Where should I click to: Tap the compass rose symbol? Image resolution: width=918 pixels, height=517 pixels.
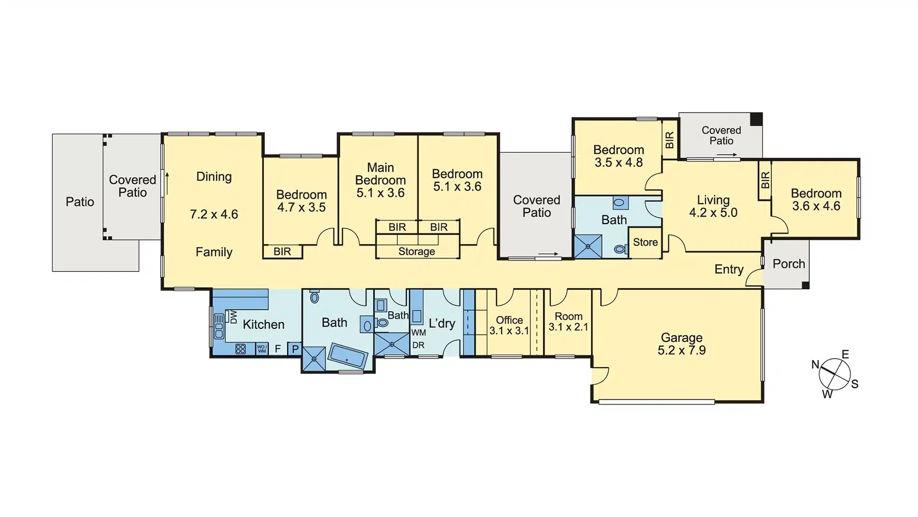[x=834, y=374]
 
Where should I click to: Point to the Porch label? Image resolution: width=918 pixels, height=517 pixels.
[x=789, y=264]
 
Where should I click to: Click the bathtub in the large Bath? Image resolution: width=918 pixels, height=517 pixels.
[x=348, y=355]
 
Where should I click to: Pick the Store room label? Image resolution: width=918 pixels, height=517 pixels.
[x=645, y=242]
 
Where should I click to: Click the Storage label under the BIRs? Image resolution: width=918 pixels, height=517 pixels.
[x=417, y=252]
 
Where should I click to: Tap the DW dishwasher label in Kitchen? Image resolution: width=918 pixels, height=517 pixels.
[x=233, y=317]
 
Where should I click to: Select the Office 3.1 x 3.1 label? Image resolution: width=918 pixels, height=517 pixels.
[x=509, y=326]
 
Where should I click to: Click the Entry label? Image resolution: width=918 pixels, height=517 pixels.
[x=729, y=270]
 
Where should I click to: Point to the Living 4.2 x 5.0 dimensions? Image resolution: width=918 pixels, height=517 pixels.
[x=713, y=213]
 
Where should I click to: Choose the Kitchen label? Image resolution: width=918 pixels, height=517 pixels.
[x=263, y=325]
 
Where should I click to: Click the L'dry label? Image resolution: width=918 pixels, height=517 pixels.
[x=442, y=324]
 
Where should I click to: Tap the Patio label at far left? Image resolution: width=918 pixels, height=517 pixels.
[x=80, y=202]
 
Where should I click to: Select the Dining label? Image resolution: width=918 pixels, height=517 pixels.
[x=214, y=177]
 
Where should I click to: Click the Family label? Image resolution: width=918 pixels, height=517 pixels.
[x=214, y=252]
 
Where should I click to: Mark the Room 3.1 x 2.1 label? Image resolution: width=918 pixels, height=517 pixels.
[x=568, y=322]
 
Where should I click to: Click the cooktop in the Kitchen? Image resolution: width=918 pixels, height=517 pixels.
[x=240, y=349]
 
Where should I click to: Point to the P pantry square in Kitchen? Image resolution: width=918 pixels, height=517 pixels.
[x=295, y=349]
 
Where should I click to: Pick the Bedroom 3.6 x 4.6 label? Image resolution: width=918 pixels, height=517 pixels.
[x=816, y=200]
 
